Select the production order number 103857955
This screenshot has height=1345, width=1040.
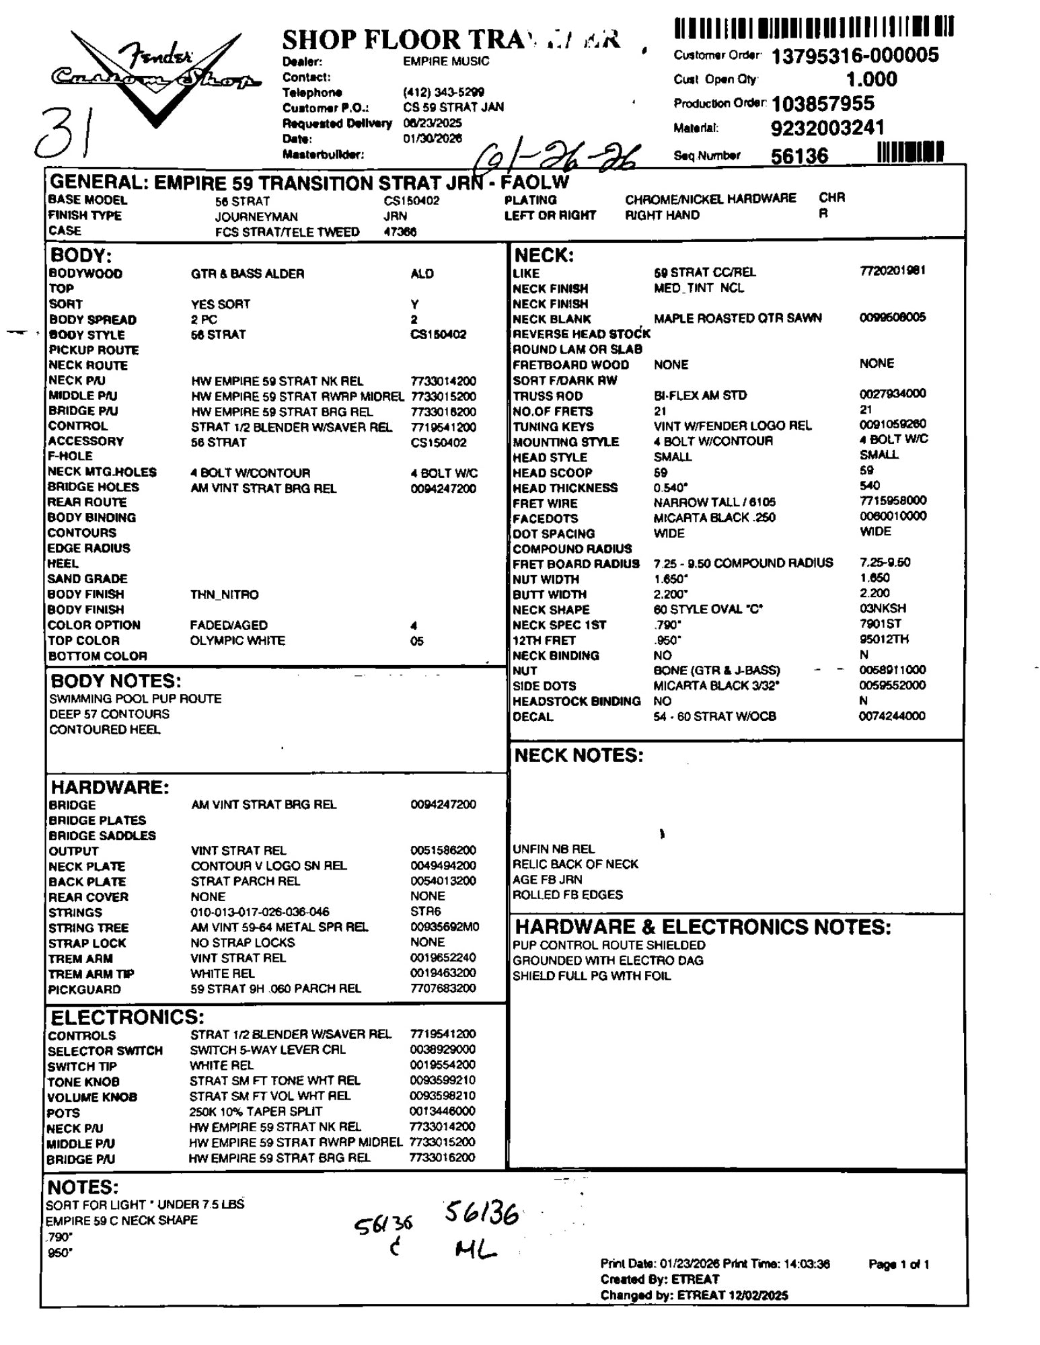823,104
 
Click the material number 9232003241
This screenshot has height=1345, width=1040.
827,128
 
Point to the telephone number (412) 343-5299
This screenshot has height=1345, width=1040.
443,92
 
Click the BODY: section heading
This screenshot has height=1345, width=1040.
81,256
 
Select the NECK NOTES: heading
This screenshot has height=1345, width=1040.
579,755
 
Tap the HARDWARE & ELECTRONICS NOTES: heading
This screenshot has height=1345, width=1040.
702,927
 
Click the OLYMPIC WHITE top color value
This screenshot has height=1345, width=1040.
237,641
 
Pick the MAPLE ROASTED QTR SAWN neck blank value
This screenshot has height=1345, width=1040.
737,318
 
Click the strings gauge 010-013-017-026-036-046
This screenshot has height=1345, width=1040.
260,913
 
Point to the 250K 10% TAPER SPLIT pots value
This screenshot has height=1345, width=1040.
256,1112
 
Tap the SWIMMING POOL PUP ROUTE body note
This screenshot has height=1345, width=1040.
135,699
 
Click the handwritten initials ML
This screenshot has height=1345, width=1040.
475,1250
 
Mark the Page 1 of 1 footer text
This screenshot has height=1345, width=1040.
899,1264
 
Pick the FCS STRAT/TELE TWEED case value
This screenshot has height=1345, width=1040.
287,232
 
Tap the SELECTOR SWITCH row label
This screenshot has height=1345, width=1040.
105,1051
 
